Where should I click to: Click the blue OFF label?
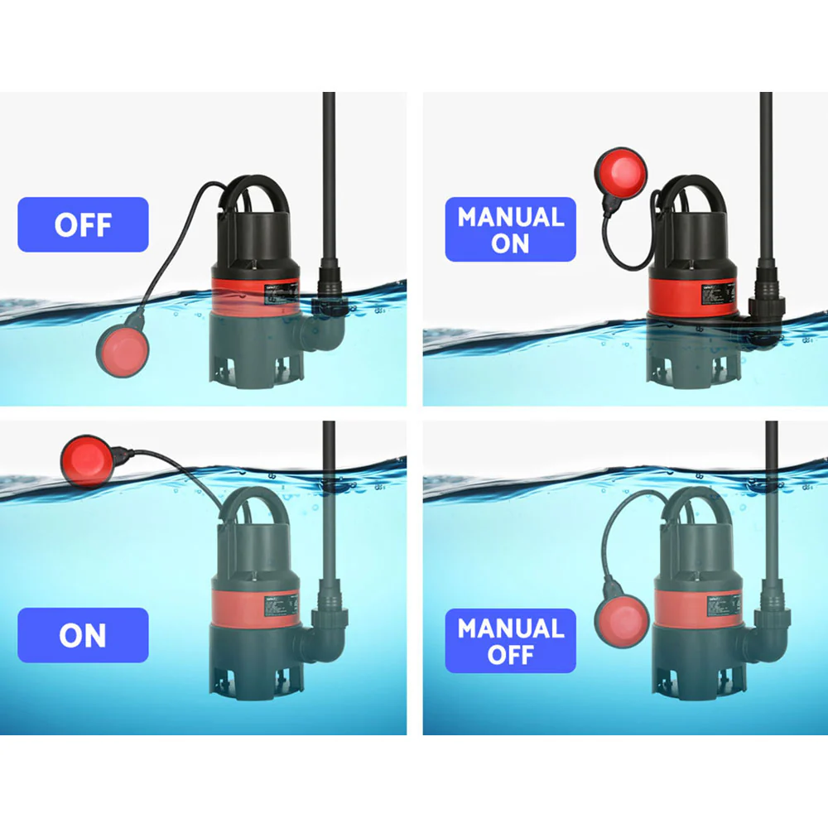(83, 224)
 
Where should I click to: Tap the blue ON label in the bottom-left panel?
(83, 635)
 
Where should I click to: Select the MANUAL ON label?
(510, 229)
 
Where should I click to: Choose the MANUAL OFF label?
(510, 641)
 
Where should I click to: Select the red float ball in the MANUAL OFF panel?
(622, 623)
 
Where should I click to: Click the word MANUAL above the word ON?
(510, 218)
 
